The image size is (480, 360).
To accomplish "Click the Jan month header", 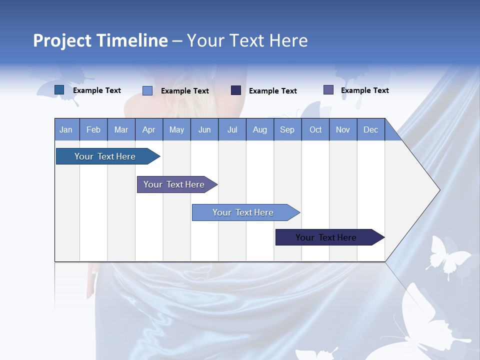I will pyautogui.click(x=66, y=129).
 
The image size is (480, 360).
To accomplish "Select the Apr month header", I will pyautogui.click(x=149, y=129).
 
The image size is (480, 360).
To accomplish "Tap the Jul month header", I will pyautogui.click(x=232, y=129).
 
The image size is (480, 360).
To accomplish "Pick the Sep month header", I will pyautogui.click(x=287, y=129).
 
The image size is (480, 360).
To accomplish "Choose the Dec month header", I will pyautogui.click(x=370, y=129).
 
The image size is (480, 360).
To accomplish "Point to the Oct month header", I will pyautogui.click(x=315, y=129).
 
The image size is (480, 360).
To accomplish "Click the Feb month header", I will pyautogui.click(x=93, y=129).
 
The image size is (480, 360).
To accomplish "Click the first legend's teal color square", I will pyautogui.click(x=59, y=90).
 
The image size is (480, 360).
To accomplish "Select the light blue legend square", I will pyautogui.click(x=147, y=90).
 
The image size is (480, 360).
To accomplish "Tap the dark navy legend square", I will pyautogui.click(x=236, y=90).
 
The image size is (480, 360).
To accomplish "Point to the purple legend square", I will pyautogui.click(x=328, y=90).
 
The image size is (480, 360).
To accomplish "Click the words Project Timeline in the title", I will pyautogui.click(x=100, y=40).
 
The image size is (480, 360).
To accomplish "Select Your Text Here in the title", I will pyautogui.click(x=247, y=40).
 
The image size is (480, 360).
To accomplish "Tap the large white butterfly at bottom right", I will pyautogui.click(x=425, y=320).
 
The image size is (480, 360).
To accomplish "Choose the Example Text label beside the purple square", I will pyautogui.click(x=364, y=90).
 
